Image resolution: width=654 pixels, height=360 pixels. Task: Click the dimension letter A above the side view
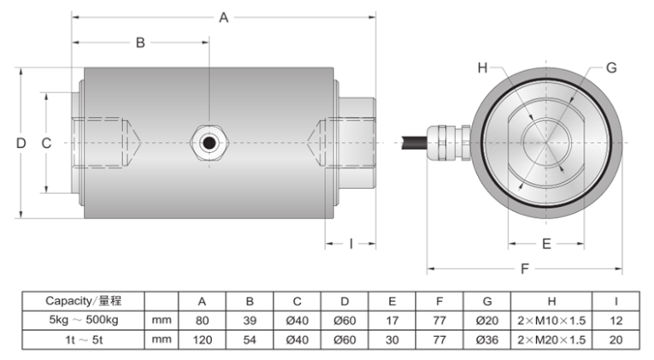[x=224, y=17]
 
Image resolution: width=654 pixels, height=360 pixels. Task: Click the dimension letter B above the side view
[x=141, y=42]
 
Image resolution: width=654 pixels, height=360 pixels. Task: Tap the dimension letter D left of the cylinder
[x=21, y=144]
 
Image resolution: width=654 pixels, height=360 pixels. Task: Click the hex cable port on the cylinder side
[x=207, y=141]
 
